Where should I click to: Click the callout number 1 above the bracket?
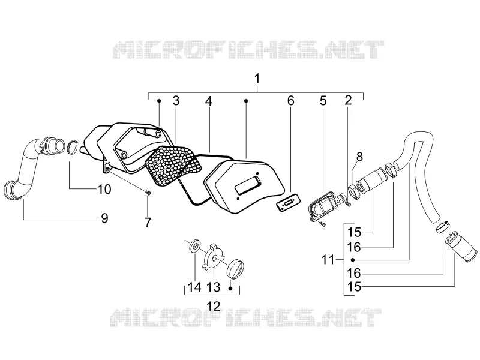257,79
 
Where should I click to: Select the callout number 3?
176,101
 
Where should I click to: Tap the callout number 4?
208,101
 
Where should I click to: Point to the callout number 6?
291,101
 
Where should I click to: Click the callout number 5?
323,101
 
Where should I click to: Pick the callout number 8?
359,157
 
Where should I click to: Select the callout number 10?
104,189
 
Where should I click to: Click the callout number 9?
104,218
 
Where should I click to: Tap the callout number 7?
148,223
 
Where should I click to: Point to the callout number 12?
214,306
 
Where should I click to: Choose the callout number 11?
328,260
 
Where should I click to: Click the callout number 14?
194,287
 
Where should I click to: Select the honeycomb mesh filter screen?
174,166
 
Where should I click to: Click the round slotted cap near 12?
236,269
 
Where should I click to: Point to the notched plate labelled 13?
214,257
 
